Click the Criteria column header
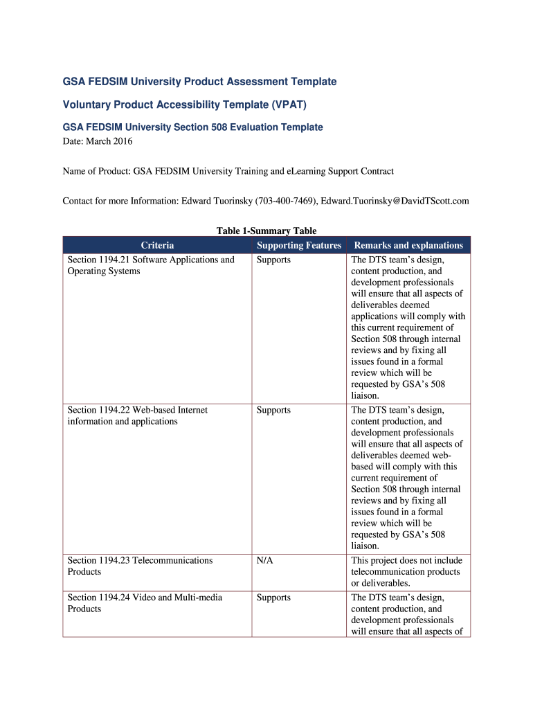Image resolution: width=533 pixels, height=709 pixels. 157,245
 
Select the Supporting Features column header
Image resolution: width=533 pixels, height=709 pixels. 299,245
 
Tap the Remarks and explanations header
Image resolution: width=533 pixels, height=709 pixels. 408,245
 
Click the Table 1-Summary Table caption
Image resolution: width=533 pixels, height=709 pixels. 266,231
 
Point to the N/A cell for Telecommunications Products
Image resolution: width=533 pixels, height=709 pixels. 264,560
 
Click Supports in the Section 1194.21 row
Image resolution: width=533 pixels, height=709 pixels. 273,260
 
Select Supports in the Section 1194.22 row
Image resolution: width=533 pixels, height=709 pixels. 273,410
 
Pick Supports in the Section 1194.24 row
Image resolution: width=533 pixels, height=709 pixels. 273,598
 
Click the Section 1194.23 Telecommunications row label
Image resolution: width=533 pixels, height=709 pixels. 140,566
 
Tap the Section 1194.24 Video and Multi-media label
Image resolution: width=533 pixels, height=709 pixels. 145,603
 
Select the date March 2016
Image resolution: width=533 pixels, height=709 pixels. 110,141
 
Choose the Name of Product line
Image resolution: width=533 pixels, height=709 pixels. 228,171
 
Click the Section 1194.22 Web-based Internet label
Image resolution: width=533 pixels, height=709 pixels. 137,415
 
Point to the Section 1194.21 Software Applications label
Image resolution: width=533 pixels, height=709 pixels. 151,265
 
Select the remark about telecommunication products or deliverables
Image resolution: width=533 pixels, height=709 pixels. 406,571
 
